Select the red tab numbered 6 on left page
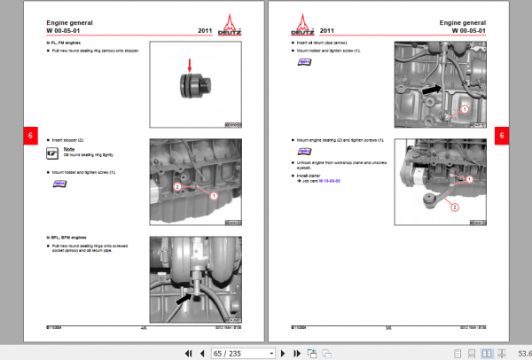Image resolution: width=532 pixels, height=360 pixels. pos(30,136)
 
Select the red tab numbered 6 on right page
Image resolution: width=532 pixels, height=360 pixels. pos(501,136)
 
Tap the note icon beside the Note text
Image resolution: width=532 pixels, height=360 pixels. pos(56,153)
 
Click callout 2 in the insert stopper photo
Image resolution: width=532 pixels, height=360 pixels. pos(177,187)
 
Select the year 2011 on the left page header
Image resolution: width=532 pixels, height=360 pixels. pos(207,29)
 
